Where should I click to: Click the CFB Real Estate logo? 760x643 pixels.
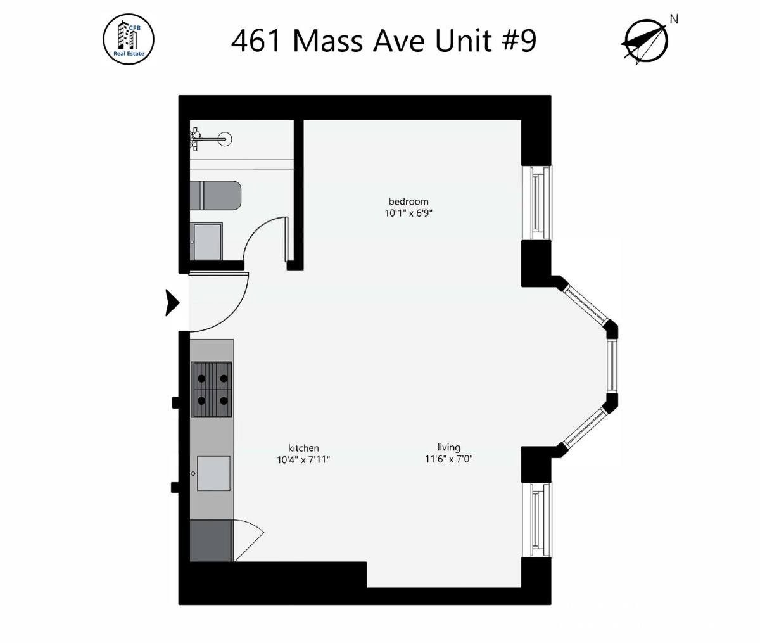pos(129,40)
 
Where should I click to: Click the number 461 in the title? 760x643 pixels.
pos(256,41)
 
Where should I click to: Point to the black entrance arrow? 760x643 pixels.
pos(172,303)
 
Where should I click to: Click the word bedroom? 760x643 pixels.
pos(408,201)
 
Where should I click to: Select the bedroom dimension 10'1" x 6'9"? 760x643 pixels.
pos(408,213)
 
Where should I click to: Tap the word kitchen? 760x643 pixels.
pos(303,448)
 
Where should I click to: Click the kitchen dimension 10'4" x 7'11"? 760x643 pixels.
pos(303,459)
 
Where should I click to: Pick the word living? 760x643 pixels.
pos(448,447)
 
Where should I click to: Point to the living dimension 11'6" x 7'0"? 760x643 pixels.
pos(448,459)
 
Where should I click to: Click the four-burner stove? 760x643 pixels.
pos(212,389)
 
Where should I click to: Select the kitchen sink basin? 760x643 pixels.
pos(213,473)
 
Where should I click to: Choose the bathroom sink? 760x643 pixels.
pos(208,241)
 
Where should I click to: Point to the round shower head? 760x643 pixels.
pos(225,139)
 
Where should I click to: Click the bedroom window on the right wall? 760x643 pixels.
pos(537,203)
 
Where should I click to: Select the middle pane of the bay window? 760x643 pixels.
pos(612,366)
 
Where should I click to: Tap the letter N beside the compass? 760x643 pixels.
pos(674,19)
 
